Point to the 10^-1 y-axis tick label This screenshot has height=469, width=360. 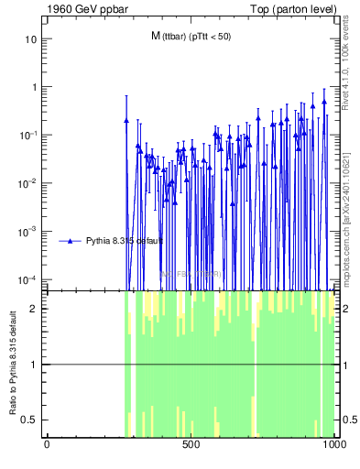tap(28, 135)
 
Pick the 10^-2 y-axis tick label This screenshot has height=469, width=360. tap(28, 183)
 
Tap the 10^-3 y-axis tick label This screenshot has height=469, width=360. tap(28, 231)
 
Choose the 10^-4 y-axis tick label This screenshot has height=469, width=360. tap(28, 279)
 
